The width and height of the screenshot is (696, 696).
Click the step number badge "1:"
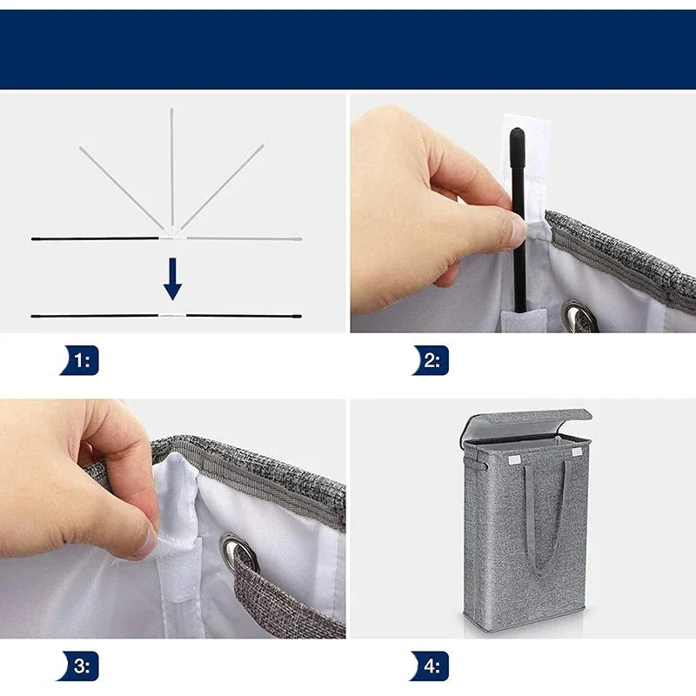click(x=80, y=360)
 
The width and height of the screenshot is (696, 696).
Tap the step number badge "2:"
click(x=431, y=360)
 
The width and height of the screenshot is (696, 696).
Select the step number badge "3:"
click(x=78, y=666)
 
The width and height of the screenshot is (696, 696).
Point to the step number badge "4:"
click(x=430, y=666)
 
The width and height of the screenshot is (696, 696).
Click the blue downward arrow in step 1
click(x=172, y=278)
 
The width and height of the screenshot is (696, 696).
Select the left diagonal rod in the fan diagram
click(x=121, y=187)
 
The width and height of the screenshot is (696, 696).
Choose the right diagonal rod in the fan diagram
click(x=222, y=187)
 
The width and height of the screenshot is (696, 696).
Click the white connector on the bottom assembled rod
click(x=172, y=316)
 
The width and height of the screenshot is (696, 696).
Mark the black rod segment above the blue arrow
click(x=95, y=238)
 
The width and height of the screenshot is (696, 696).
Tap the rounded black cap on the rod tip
click(x=517, y=138)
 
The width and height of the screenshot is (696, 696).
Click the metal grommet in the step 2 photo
click(x=577, y=316)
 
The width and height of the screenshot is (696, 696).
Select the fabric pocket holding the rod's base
click(x=524, y=320)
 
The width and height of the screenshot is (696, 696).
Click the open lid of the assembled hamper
click(x=526, y=424)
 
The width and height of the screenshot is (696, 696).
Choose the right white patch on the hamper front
click(x=577, y=452)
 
